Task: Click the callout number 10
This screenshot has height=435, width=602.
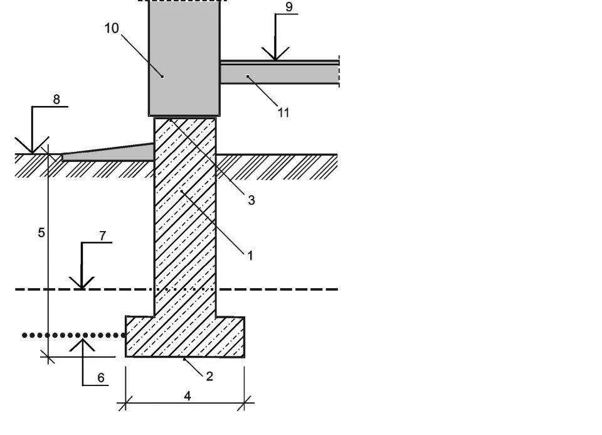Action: click(112, 29)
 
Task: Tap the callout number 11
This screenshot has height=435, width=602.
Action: click(283, 113)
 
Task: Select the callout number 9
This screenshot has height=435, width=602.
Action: click(288, 7)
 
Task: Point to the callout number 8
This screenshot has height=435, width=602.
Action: click(56, 99)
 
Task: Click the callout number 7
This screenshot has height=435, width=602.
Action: click(103, 236)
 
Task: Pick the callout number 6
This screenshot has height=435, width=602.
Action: click(100, 378)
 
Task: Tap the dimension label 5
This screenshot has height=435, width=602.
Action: click(41, 232)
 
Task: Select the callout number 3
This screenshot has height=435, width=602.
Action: click(251, 200)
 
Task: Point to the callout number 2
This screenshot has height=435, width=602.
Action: click(209, 376)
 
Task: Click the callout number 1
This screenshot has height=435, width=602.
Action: click(250, 255)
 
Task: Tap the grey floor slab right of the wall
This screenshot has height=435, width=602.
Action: click(279, 74)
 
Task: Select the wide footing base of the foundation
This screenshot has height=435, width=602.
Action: click(185, 337)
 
